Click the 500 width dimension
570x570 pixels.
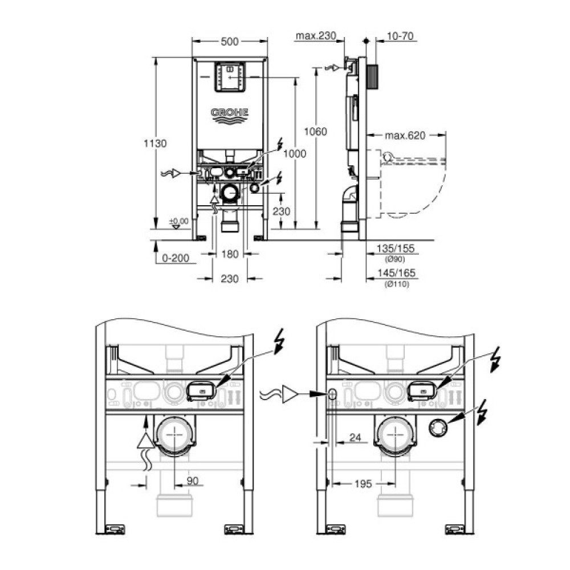click(x=230, y=41)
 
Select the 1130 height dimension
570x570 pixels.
click(x=155, y=144)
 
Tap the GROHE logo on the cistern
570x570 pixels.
click(x=230, y=114)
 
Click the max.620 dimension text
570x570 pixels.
click(x=405, y=136)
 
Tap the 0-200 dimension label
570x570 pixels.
click(x=174, y=258)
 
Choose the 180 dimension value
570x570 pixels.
click(x=230, y=255)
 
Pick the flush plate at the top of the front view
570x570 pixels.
click(x=230, y=76)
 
